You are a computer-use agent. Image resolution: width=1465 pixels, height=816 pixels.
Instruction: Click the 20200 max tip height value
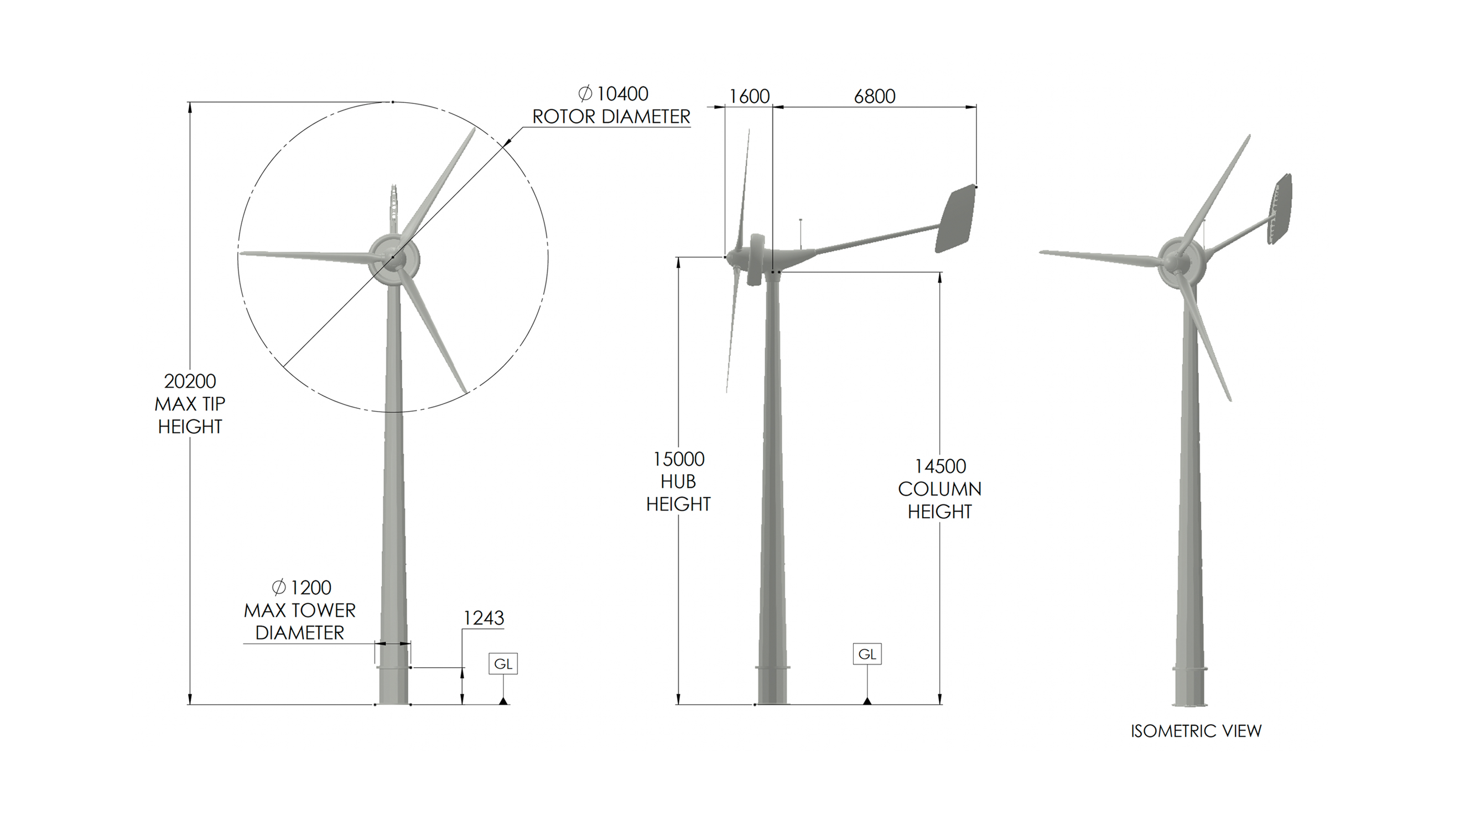(190, 381)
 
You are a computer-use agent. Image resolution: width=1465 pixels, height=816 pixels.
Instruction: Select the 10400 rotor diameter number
(622, 94)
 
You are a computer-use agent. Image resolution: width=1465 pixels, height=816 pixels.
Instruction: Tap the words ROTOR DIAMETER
(611, 117)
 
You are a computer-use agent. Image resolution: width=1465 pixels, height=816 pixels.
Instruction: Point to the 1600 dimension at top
(749, 97)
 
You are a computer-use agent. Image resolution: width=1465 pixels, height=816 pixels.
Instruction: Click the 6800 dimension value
(875, 97)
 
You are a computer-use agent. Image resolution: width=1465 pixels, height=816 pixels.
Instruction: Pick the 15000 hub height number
(678, 459)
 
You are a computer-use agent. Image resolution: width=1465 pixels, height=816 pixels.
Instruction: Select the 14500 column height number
(939, 466)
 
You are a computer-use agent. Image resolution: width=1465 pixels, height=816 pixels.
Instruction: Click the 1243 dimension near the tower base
(484, 618)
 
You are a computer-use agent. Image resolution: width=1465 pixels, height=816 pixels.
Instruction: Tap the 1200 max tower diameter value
(310, 588)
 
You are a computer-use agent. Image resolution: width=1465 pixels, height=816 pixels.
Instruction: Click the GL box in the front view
(503, 664)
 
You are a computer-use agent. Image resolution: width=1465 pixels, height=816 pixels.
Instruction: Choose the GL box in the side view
(867, 654)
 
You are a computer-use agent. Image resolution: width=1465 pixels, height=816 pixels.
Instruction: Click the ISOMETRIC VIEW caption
(1196, 731)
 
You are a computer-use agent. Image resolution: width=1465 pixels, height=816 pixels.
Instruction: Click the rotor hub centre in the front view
(392, 258)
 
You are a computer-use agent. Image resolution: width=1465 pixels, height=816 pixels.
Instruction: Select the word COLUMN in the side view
(939, 489)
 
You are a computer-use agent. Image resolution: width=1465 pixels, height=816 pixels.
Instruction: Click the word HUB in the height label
(678, 482)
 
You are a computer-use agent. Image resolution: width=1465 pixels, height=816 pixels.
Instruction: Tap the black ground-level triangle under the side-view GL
(867, 701)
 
